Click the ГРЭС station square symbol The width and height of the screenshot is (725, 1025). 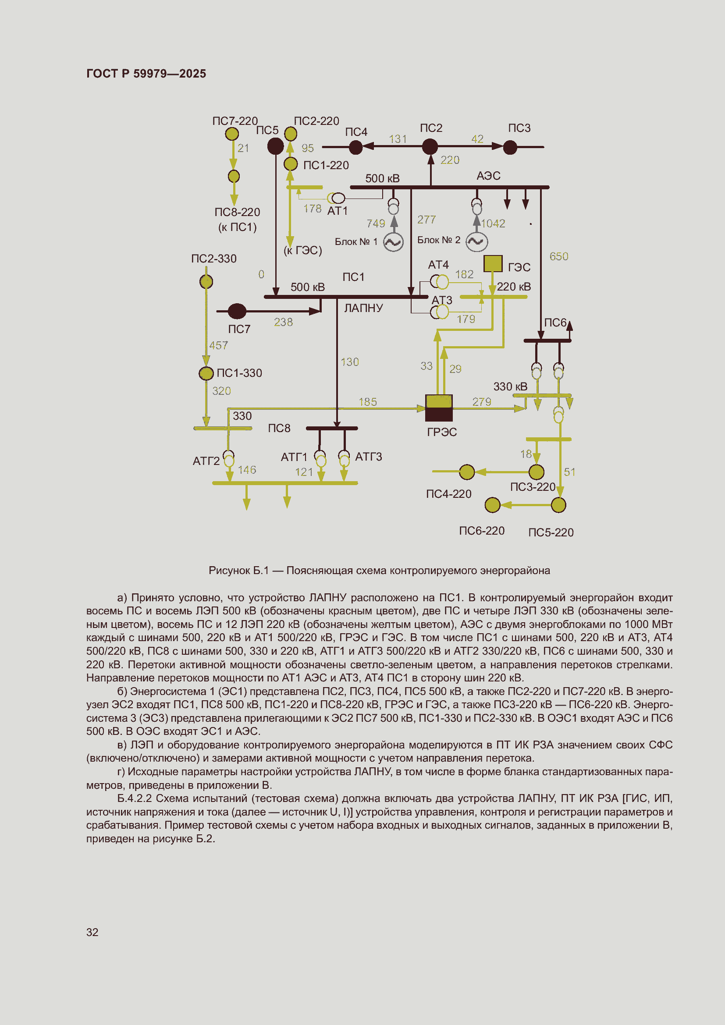[438, 408]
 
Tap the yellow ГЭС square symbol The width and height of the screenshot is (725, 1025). [493, 263]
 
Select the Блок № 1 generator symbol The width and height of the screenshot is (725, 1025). [393, 242]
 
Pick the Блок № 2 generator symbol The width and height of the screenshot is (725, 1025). [476, 241]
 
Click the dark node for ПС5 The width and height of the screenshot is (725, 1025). [275, 146]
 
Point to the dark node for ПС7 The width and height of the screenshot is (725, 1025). [237, 311]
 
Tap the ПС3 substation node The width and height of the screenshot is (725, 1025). [510, 147]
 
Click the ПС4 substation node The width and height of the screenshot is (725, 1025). [355, 147]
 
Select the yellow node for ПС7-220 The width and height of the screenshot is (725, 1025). [232, 134]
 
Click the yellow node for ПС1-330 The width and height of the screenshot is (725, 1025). [206, 373]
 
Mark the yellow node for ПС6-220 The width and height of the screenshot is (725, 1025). [492, 505]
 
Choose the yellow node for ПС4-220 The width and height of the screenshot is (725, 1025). [467, 472]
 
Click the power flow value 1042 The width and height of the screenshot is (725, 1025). [493, 223]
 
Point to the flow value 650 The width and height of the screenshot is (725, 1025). [558, 256]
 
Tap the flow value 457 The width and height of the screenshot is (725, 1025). [219, 345]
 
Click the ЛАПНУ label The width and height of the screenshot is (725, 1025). [363, 308]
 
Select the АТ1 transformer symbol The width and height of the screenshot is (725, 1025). [336, 198]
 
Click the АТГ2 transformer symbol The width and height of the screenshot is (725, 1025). [228, 458]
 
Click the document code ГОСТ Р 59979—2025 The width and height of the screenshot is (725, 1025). [146, 74]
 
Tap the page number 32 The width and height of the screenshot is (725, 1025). [92, 932]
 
